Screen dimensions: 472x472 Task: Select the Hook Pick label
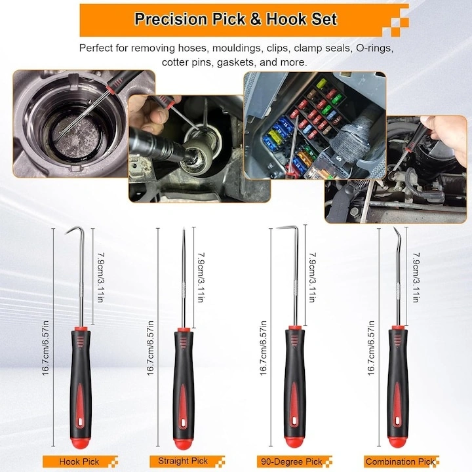[x=79, y=462]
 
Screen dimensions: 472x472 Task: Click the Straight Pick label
[x=183, y=461]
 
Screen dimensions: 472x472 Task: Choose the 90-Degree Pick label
[x=291, y=462]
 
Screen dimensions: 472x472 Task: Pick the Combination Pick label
[x=401, y=462]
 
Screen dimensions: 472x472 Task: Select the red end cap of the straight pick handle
[x=183, y=442]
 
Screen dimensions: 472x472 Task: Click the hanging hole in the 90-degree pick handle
[x=294, y=421]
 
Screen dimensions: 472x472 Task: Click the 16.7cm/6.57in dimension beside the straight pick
[x=151, y=348]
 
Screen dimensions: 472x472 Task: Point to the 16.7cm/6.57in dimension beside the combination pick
[x=371, y=348]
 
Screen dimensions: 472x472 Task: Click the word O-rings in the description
[x=375, y=48]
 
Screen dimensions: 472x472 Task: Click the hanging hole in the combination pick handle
[x=398, y=421]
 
